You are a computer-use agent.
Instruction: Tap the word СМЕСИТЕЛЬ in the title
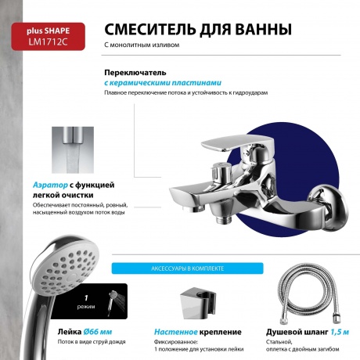click(x=149, y=30)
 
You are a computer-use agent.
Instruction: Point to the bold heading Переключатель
click(x=131, y=72)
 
